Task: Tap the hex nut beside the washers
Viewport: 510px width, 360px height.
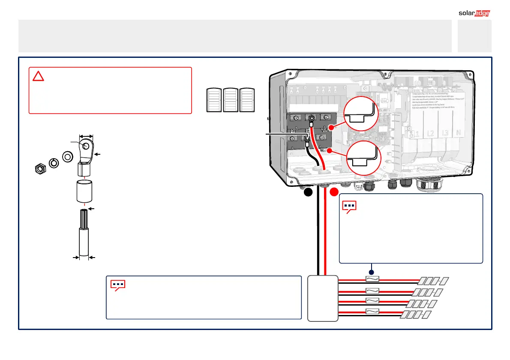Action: coord(39,169)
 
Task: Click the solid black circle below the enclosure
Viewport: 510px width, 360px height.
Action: coord(308,193)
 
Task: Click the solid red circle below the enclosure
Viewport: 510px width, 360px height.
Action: coord(334,193)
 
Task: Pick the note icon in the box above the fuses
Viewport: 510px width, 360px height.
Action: coord(350,206)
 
